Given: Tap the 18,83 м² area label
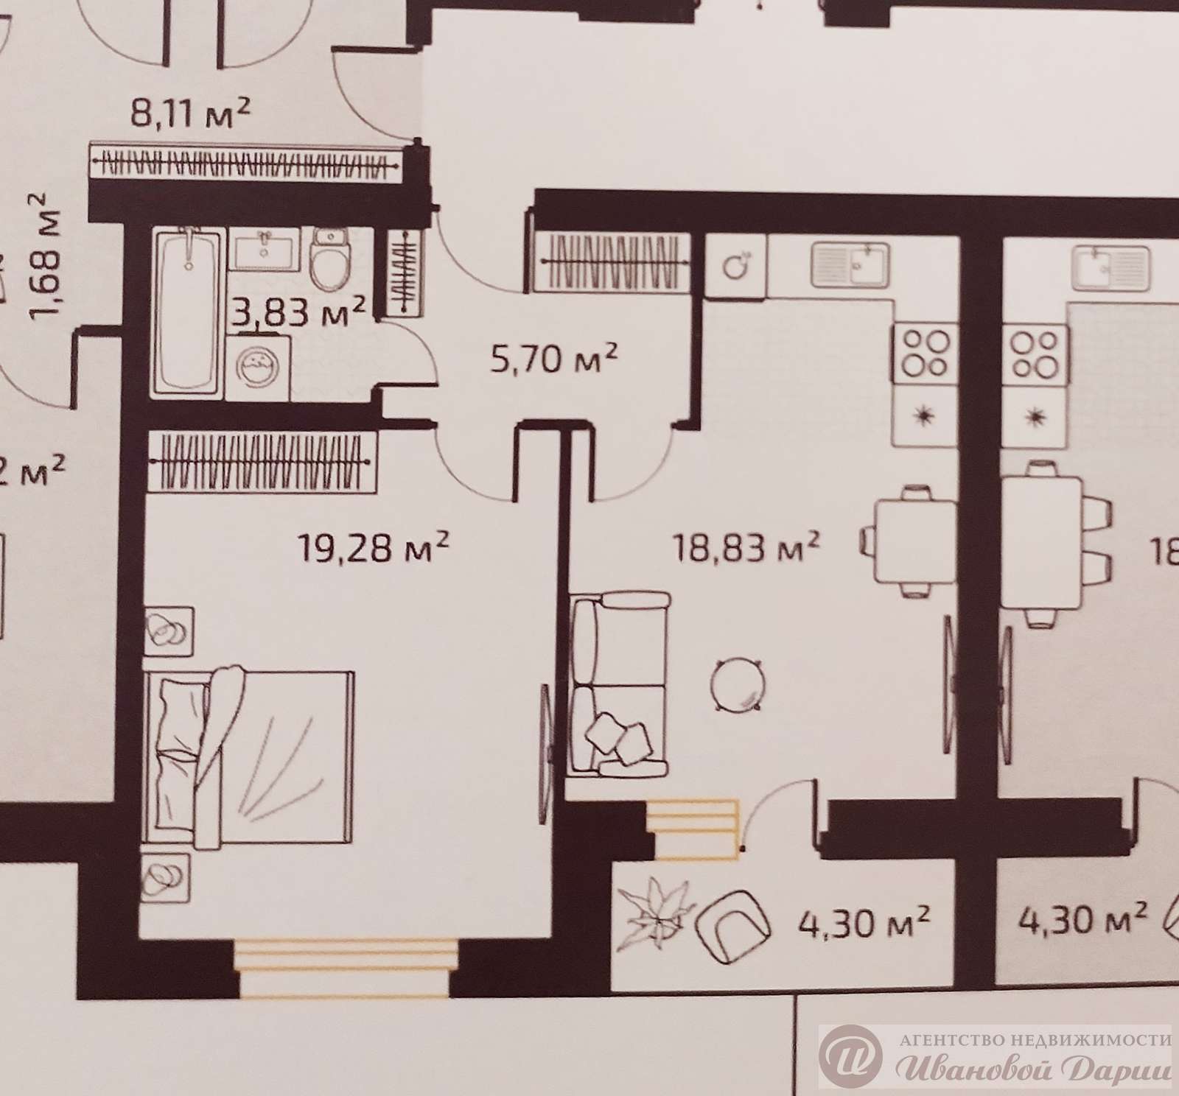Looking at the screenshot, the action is pyautogui.click(x=746, y=548).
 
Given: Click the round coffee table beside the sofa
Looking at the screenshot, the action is pyautogui.click(x=737, y=684).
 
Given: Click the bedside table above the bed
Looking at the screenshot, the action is pyautogui.click(x=170, y=630).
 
